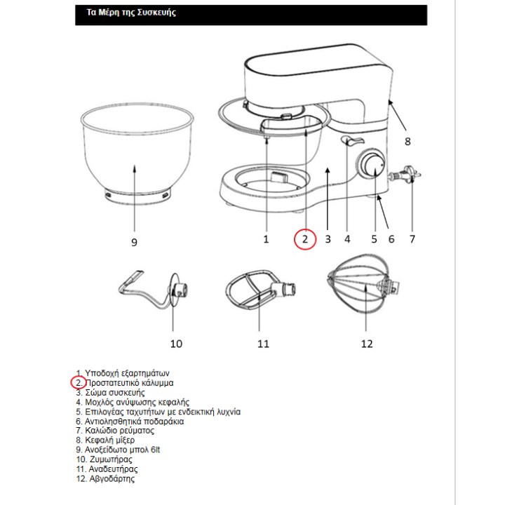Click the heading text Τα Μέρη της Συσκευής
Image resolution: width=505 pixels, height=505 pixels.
(x=126, y=13)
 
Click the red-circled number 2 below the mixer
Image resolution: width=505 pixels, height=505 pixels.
(x=305, y=238)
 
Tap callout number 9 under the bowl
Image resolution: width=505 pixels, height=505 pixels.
(x=134, y=242)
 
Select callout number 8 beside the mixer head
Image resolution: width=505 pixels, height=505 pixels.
(x=407, y=140)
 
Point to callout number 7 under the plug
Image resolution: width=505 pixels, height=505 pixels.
(x=412, y=238)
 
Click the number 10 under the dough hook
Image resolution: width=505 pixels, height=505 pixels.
(x=176, y=344)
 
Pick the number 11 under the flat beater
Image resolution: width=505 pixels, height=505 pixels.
(x=263, y=344)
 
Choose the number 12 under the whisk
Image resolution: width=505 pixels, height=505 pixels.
(x=367, y=344)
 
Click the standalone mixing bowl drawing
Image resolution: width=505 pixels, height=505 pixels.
(x=135, y=154)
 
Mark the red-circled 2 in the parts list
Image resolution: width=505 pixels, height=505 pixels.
(x=79, y=383)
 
